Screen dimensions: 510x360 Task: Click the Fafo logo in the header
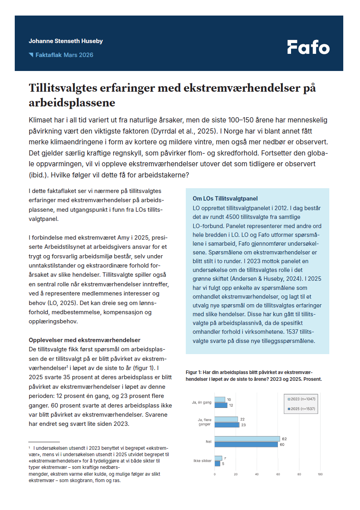coord(308,47)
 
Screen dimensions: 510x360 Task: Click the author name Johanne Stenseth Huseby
coord(66,41)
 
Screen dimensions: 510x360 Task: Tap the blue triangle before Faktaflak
coord(31,55)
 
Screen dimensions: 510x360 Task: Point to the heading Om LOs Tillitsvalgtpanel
coord(225,198)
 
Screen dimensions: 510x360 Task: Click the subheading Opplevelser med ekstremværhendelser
coord(85,340)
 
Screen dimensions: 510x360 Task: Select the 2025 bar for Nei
coord(246,444)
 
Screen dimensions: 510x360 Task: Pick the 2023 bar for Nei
coord(247,439)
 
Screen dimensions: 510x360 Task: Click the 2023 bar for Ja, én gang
coord(220,400)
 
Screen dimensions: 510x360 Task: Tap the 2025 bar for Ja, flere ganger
coord(227,425)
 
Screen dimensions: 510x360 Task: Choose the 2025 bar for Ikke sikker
coord(217,463)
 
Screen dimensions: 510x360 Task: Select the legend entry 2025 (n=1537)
coord(303,409)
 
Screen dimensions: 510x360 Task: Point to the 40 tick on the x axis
coord(257,474)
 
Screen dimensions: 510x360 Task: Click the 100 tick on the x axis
coord(320,474)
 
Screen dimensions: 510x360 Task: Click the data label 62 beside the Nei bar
coord(284,439)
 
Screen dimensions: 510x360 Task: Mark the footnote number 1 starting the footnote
coord(30,448)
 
